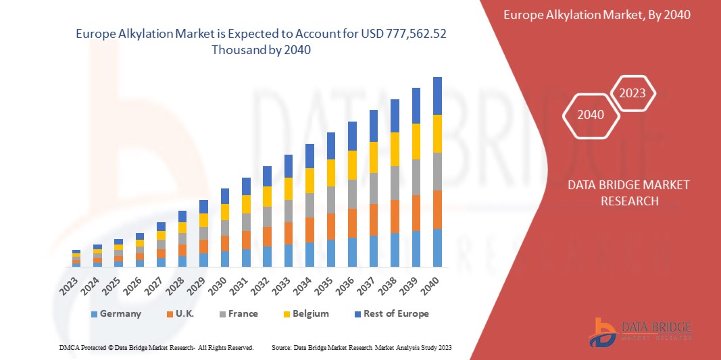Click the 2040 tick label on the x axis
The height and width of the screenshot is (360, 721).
434,284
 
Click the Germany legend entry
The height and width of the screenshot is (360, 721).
115,313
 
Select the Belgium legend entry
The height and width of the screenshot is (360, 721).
305,313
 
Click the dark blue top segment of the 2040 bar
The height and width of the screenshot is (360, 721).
437,96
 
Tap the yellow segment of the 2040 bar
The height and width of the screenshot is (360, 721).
437,134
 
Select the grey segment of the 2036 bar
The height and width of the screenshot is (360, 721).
352,194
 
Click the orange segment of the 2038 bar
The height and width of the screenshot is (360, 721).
395,216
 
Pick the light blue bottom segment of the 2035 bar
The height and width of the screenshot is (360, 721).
330,253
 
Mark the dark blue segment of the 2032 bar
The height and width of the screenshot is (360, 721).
267,176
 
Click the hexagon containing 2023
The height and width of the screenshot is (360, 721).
632,93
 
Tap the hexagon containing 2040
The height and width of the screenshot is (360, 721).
591,115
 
